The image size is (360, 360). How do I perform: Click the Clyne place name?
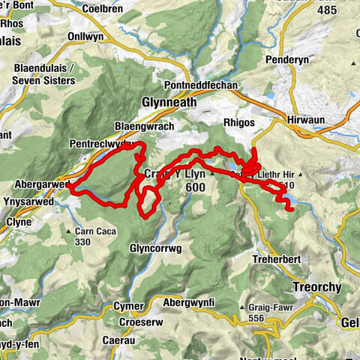(x=18, y=223)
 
